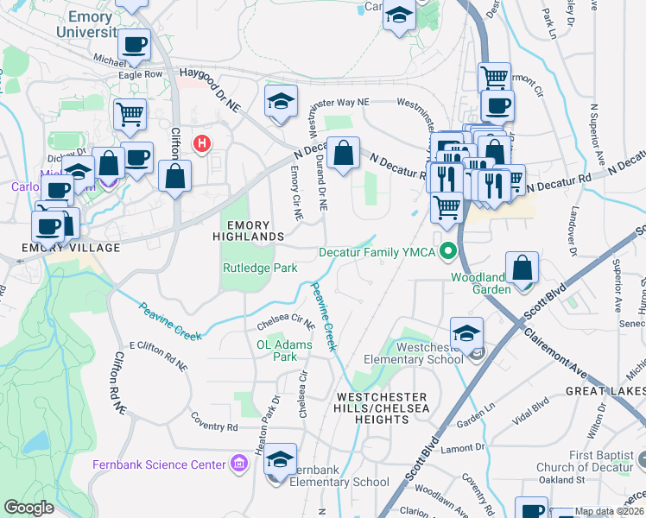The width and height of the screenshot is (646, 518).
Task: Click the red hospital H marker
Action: [202, 142]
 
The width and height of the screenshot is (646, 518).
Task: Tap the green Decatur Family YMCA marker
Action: [447, 253]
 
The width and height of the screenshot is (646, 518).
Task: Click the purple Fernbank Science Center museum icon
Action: [240, 465]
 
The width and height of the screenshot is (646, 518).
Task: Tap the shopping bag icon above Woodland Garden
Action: [522, 269]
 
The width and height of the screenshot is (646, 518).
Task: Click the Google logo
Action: [28, 508]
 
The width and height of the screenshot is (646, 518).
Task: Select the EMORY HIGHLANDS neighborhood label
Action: [250, 230]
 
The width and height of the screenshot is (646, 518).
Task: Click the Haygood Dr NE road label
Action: [209, 90]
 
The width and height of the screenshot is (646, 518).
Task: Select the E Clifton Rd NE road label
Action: [158, 355]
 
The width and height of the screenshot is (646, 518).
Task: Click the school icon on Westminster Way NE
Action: [281, 102]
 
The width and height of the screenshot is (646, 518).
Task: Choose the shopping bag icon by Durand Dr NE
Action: [343, 155]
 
